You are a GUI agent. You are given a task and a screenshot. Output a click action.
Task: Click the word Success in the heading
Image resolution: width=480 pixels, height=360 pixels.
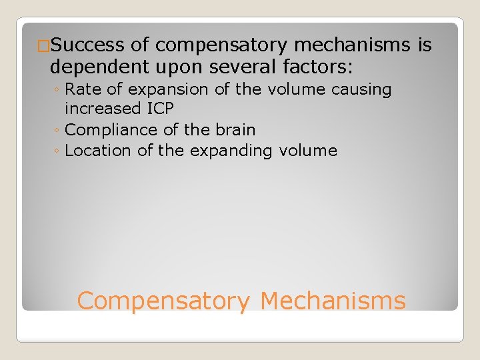pyautogui.click(x=87, y=45)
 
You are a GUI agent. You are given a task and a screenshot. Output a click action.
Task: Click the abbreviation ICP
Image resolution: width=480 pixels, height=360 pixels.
pyautogui.click(x=158, y=109)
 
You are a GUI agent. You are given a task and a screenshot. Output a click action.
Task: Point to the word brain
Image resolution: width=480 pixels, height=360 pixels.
pyautogui.click(x=233, y=129)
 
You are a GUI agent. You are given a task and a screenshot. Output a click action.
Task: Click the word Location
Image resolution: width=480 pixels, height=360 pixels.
pyautogui.click(x=98, y=151)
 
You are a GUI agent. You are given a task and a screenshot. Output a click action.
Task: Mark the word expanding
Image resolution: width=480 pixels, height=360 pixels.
pyautogui.click(x=231, y=151)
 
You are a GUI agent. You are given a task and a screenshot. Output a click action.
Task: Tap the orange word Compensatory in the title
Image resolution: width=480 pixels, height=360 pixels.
pyautogui.click(x=163, y=301)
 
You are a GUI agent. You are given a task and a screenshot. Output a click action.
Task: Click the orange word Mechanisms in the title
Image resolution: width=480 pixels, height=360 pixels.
pyautogui.click(x=333, y=301)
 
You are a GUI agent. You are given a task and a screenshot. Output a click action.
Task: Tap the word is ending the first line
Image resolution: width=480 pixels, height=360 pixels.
pyautogui.click(x=424, y=45)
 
